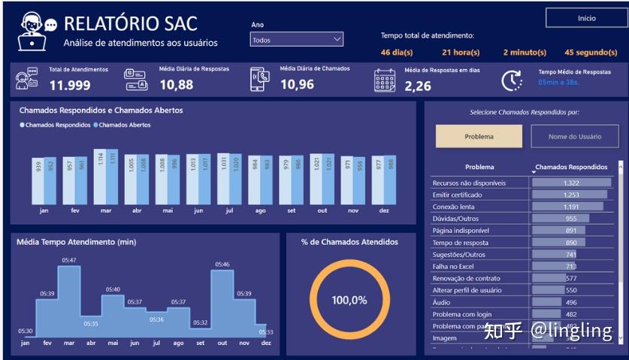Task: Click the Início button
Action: (x=586, y=18)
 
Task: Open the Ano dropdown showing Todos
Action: (x=297, y=40)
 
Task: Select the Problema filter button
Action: (x=479, y=136)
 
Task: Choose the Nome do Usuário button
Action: (x=575, y=136)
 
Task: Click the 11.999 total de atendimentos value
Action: (x=70, y=85)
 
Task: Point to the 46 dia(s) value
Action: (x=397, y=53)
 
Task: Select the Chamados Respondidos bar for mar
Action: (x=99, y=177)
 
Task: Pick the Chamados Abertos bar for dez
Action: (x=389, y=180)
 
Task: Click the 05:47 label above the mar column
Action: (x=69, y=260)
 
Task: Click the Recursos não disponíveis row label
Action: (x=469, y=183)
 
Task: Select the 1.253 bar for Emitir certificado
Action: (x=570, y=195)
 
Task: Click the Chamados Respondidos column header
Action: (x=570, y=167)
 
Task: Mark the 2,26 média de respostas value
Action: (x=418, y=86)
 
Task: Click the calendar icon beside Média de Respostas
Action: (x=385, y=80)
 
